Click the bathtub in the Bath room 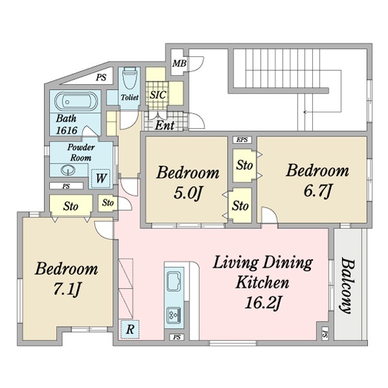[x=76, y=102]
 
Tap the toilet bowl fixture [x=130, y=78]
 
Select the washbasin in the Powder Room [x=68, y=170]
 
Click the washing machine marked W [x=101, y=178]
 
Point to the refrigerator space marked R [x=130, y=329]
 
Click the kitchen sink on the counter [x=174, y=281]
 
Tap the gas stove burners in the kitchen [x=174, y=315]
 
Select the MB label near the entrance [x=179, y=63]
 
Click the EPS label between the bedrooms [x=242, y=140]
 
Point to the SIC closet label [x=158, y=95]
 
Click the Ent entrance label [x=165, y=125]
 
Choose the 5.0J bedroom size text [x=188, y=193]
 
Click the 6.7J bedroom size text [x=318, y=191]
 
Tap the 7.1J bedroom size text [x=67, y=289]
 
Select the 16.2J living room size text [x=263, y=303]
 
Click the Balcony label [x=347, y=286]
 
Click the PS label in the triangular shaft [x=101, y=78]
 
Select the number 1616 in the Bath [x=67, y=130]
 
